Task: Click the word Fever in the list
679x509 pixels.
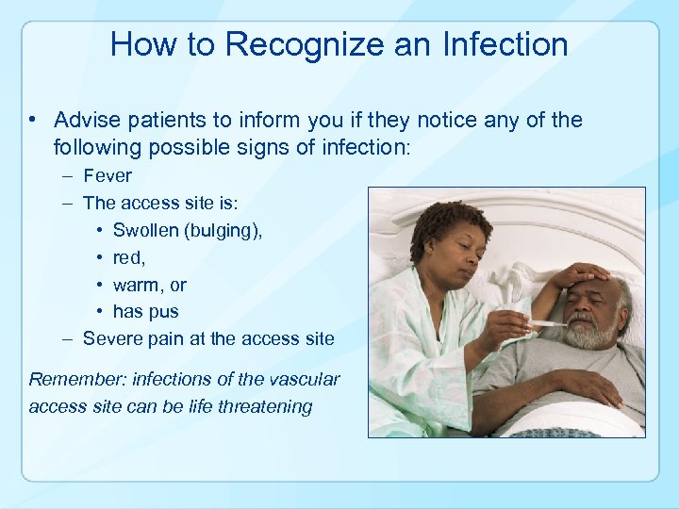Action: point(108,175)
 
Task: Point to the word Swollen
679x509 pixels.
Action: point(146,230)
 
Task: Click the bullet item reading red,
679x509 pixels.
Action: point(128,257)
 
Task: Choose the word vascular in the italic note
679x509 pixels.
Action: point(306,380)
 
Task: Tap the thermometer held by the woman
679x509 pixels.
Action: point(538,324)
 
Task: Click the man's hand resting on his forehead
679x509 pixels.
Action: point(581,275)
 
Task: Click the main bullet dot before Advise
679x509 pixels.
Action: point(33,121)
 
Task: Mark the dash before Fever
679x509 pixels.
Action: point(69,176)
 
